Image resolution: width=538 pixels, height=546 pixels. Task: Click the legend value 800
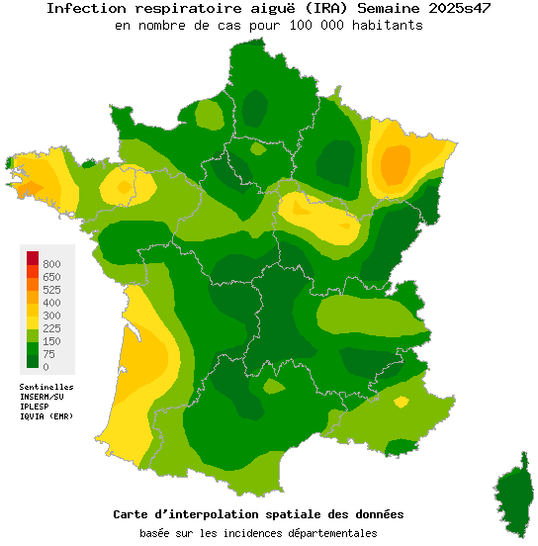tap(51, 264)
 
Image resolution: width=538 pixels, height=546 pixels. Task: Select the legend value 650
tap(51, 277)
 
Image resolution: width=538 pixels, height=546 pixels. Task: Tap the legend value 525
tap(51, 290)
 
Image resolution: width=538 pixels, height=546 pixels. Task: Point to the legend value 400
tap(51, 303)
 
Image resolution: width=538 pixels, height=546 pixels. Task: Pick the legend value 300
tap(51, 316)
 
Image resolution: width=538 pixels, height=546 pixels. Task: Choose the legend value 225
tap(51, 328)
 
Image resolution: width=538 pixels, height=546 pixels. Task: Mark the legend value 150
tap(51, 341)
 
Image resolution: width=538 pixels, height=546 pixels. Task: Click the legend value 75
tap(48, 354)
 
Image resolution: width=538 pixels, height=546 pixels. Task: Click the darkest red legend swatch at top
tap(33, 258)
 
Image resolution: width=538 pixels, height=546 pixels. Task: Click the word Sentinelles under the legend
tap(46, 387)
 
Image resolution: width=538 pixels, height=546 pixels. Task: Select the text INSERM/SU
tap(42, 397)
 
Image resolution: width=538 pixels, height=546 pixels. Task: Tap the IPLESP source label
tap(35, 407)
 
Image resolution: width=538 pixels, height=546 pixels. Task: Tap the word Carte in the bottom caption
tap(134, 515)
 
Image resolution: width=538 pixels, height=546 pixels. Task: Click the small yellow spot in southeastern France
tap(401, 402)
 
